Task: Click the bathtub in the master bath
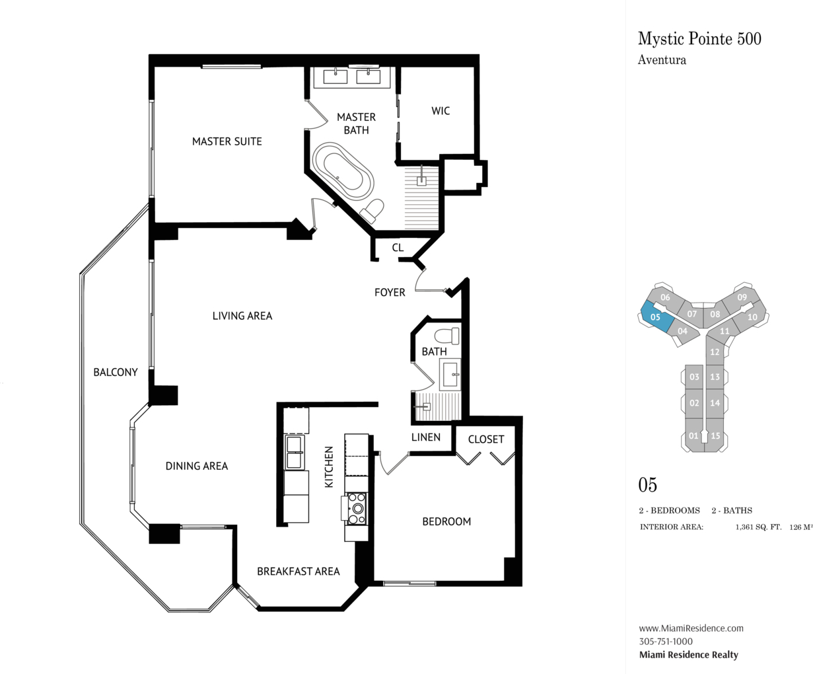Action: [x=343, y=172]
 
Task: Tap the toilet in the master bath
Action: [x=372, y=211]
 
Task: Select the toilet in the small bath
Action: [x=447, y=336]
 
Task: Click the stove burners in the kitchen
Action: [x=357, y=508]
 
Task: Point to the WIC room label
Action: [x=441, y=111]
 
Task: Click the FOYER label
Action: [x=390, y=292]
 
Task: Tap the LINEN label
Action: [x=426, y=437]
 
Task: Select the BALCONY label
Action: [x=116, y=372]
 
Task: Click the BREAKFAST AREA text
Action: [x=299, y=571]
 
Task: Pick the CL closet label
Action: [x=398, y=247]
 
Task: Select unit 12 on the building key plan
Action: [x=715, y=351]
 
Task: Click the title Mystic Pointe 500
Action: [x=699, y=39]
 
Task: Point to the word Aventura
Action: [x=662, y=60]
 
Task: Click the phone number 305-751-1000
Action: [x=666, y=641]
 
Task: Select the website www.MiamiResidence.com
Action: [x=691, y=628]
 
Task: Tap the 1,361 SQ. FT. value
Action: [x=758, y=527]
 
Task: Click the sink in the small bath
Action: [x=450, y=375]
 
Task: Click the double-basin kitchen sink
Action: [x=295, y=453]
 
